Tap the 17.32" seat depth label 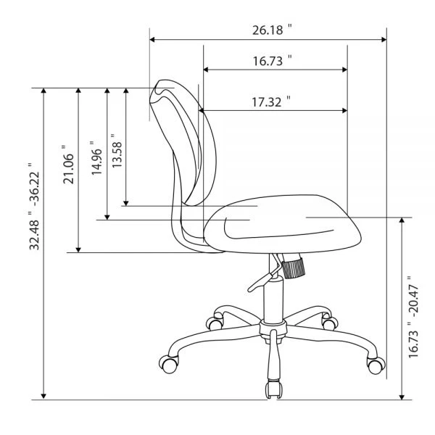coord(270,102)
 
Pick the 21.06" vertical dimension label coord(69,165)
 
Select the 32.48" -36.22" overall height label coord(33,207)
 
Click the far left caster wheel coord(169,362)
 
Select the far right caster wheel coord(375,365)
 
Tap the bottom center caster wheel coord(273,389)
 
